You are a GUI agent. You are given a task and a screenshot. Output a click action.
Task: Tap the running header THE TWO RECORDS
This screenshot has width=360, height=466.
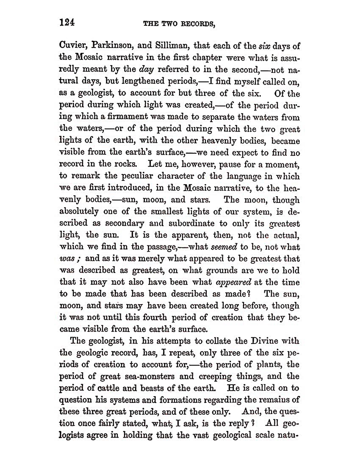click(180, 24)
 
